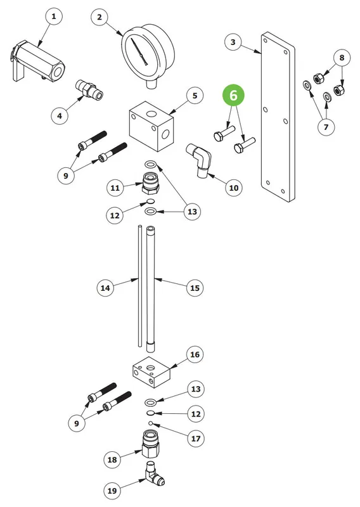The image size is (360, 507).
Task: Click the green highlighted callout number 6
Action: pyautogui.click(x=233, y=96)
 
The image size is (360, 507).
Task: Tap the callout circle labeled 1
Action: pyautogui.click(x=54, y=16)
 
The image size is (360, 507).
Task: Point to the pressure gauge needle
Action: pyautogui.click(x=139, y=52)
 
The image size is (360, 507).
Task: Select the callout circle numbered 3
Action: pyautogui.click(x=233, y=42)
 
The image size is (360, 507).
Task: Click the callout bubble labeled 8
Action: pyautogui.click(x=342, y=58)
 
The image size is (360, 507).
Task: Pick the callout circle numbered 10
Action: pyautogui.click(x=233, y=188)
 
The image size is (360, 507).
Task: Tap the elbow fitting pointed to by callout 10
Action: pyautogui.click(x=199, y=160)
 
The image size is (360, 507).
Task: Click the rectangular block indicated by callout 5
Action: pyautogui.click(x=151, y=126)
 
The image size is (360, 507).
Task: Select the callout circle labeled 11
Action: pyautogui.click(x=115, y=188)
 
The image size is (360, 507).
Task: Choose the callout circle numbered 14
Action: pyautogui.click(x=105, y=288)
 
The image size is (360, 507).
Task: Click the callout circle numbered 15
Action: pyautogui.click(x=195, y=288)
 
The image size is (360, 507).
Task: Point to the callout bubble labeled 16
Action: pyautogui.click(x=195, y=354)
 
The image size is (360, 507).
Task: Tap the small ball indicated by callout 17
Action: pyautogui.click(x=150, y=423)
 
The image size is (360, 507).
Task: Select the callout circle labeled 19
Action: pyautogui.click(x=112, y=491)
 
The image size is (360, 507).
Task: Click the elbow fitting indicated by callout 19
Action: pyautogui.click(x=155, y=474)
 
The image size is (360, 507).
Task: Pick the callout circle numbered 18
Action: pyautogui.click(x=112, y=459)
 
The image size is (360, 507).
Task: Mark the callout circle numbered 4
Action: pyautogui.click(x=60, y=115)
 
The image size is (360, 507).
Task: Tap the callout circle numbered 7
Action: pyautogui.click(x=326, y=127)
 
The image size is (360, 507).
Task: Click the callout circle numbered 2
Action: pyautogui.click(x=100, y=17)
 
